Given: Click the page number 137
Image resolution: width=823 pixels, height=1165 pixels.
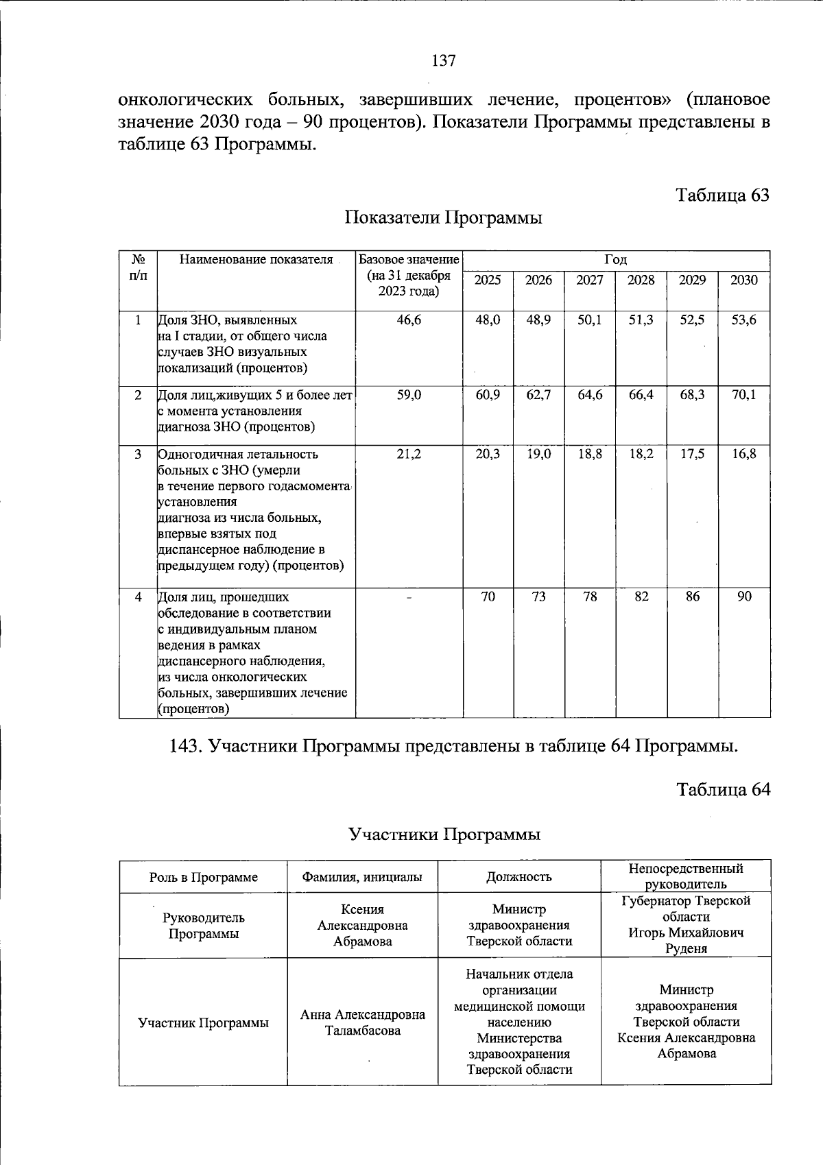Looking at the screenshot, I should pos(444,61).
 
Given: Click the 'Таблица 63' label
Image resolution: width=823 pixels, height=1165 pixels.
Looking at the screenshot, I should pos(723,195).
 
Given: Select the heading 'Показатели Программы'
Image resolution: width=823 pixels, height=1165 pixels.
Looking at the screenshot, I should pos(443,218).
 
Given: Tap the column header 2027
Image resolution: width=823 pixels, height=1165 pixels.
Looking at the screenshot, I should pos(590,280).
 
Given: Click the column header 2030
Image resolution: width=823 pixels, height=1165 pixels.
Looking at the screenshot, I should pos(744,280).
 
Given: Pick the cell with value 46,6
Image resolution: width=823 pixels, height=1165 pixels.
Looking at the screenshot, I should pos(409,320).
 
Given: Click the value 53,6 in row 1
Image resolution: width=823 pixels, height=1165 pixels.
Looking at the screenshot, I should pos(744,320).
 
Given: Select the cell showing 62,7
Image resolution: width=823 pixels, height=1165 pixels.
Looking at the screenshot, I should pos(538,395).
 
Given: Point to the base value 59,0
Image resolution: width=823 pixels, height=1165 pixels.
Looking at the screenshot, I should pos(409,395).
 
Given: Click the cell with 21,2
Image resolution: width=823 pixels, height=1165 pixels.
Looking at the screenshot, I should pos(409,454).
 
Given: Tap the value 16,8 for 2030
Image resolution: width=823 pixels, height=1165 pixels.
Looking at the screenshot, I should pos(744,454).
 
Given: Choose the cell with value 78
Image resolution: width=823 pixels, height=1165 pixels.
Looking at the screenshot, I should pos(590,597).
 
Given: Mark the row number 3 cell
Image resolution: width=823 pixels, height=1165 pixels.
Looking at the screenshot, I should pos(139,454).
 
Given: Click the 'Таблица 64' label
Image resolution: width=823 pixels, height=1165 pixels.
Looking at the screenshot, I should pos(723,790).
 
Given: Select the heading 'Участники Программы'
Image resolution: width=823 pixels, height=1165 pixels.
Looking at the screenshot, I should pos(444,834).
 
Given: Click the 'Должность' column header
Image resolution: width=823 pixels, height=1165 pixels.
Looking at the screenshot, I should pos(519,877).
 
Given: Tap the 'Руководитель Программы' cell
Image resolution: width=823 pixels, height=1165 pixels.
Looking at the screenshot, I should pos(204,926).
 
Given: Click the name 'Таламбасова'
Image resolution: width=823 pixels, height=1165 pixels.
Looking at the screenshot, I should pos(363,1031).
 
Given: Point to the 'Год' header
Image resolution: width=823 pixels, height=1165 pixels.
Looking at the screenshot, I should pos(616,260).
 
